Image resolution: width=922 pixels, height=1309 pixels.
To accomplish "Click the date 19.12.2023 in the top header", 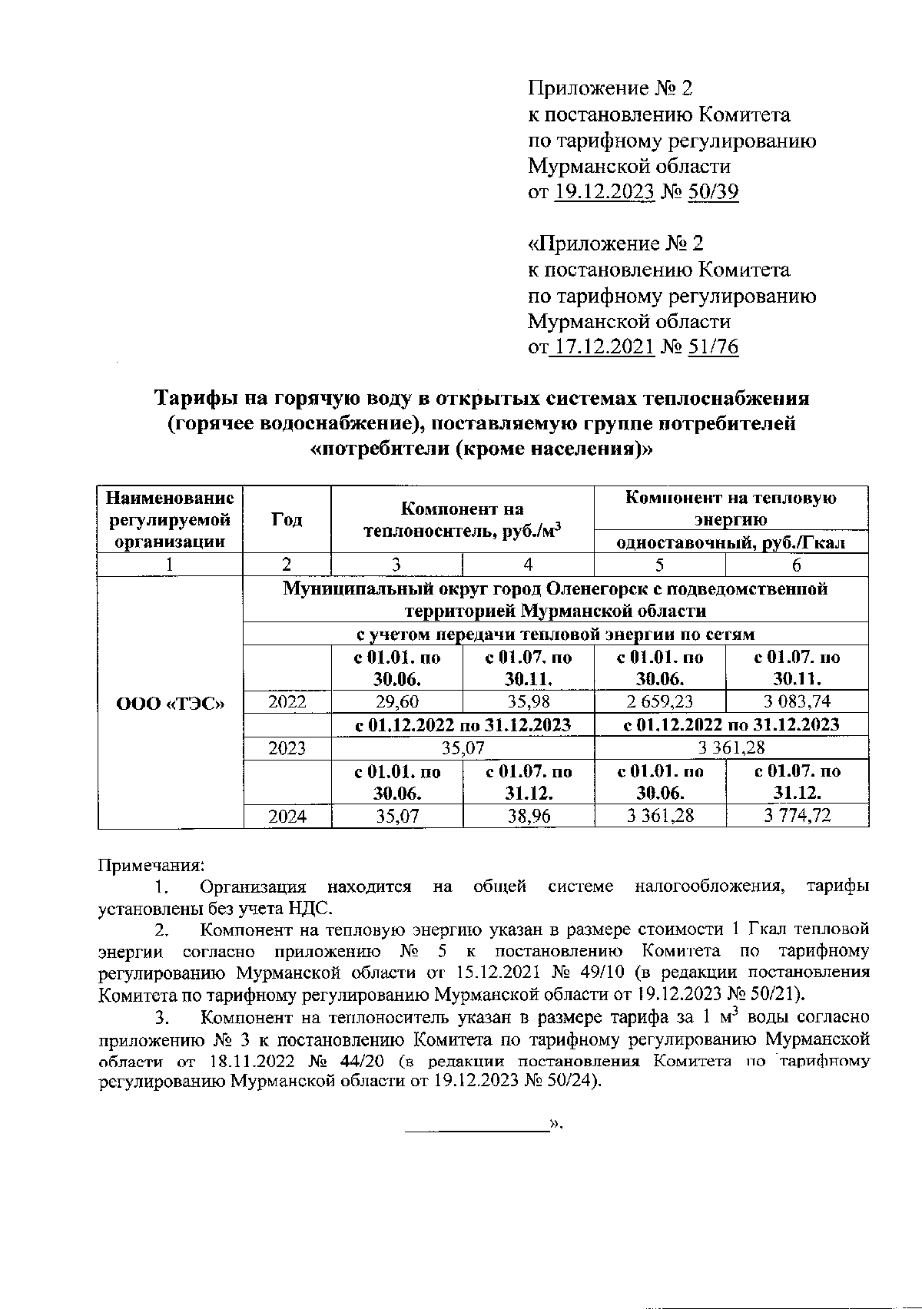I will [603, 192].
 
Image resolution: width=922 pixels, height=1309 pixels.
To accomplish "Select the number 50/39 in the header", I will [714, 192].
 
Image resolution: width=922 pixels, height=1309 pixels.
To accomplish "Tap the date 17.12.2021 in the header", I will [603, 347].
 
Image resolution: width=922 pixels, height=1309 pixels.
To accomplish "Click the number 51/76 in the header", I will [714, 347].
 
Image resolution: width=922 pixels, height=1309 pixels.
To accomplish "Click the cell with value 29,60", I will [397, 701].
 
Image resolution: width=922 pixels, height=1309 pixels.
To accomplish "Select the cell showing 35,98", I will [529, 701].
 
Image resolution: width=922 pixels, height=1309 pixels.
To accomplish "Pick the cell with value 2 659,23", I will [660, 701].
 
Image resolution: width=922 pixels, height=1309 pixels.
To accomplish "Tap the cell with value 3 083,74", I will [797, 701].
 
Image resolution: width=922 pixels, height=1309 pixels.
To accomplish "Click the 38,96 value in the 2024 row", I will [529, 816].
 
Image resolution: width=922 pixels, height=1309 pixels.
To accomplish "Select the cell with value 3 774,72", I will [797, 816].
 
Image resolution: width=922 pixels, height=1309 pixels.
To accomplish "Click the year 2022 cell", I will [287, 701].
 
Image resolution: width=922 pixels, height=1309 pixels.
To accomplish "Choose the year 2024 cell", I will [287, 816].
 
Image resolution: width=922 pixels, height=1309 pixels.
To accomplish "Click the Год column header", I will [287, 519].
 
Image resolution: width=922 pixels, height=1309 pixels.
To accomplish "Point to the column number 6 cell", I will [797, 565].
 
